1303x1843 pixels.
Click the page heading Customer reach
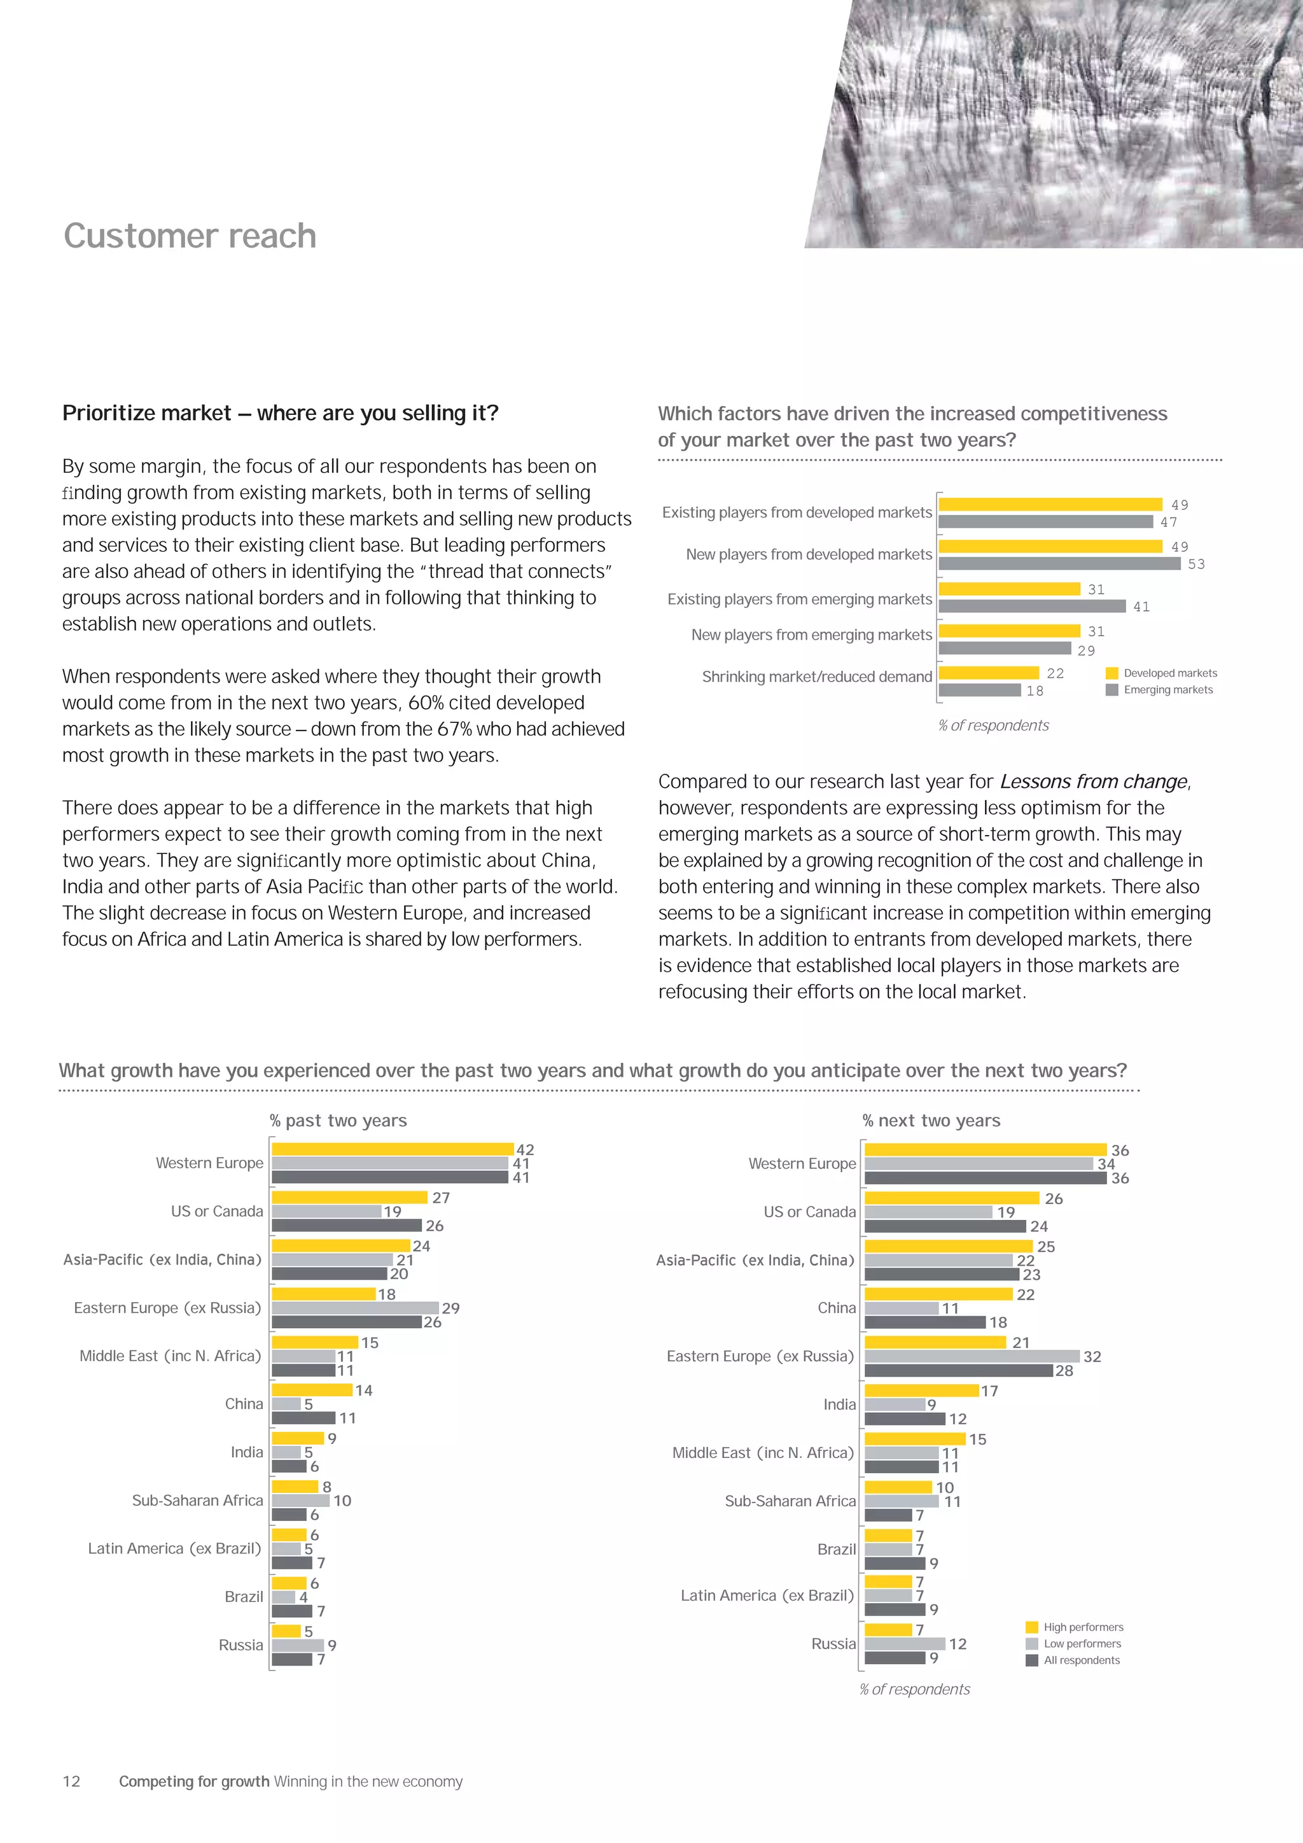click(x=190, y=236)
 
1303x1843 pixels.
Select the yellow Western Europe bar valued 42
click(x=393, y=1149)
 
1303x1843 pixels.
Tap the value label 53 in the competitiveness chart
click(x=1196, y=564)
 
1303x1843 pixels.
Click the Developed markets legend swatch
click(x=1112, y=673)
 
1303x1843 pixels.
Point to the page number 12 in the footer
click(x=71, y=1781)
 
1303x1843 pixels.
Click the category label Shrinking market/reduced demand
click(x=817, y=676)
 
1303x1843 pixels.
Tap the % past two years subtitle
click(x=338, y=1121)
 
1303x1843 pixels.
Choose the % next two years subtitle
click(x=931, y=1121)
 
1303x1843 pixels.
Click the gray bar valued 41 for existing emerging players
click(x=1032, y=606)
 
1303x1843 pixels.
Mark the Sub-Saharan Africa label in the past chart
click(x=197, y=1500)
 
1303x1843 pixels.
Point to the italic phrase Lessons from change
click(x=1093, y=782)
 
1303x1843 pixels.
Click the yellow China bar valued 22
click(x=938, y=1294)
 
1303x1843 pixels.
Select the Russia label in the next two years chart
click(x=833, y=1643)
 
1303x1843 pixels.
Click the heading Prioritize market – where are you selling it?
click(x=280, y=414)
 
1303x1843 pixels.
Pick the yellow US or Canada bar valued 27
click(x=349, y=1198)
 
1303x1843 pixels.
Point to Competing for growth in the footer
click(x=194, y=1781)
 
